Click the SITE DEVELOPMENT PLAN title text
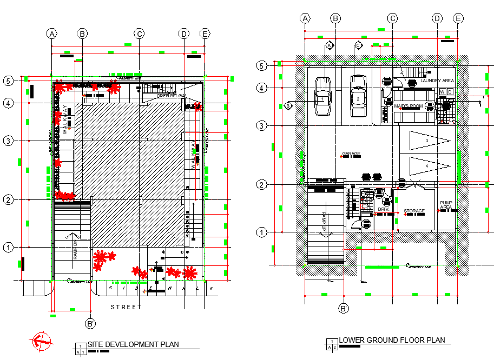pyautogui.click(x=133, y=344)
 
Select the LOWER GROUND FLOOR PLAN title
pyautogui.click(x=392, y=340)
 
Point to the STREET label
pyautogui.click(x=126, y=307)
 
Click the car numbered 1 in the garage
pyautogui.click(x=322, y=96)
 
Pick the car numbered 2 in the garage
pyautogui.click(x=358, y=96)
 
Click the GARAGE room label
pyautogui.click(x=351, y=154)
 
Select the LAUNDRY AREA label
pyautogui.click(x=437, y=81)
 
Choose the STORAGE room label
pyautogui.click(x=414, y=211)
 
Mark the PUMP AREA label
pyautogui.click(x=446, y=204)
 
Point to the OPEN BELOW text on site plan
pyautogui.click(x=171, y=96)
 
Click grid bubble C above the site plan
pyautogui.click(x=139, y=34)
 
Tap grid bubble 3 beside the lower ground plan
pyautogui.click(x=262, y=126)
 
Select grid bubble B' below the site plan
pyautogui.click(x=90, y=324)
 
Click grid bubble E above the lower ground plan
pyautogui.click(x=458, y=18)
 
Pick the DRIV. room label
pyautogui.click(x=384, y=209)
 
